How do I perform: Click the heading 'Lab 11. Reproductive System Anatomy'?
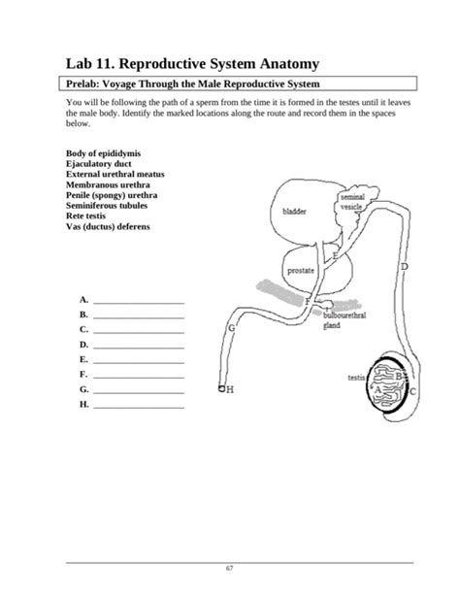coord(191,63)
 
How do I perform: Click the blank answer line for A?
coord(138,302)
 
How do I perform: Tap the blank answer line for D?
coord(138,346)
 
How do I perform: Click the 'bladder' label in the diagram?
coord(294,211)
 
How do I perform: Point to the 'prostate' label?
coord(300,271)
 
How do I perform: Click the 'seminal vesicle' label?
coord(350,202)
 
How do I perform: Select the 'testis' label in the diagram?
coord(355,377)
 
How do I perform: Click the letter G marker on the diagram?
coord(231,329)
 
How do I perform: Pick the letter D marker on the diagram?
coord(404,266)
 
